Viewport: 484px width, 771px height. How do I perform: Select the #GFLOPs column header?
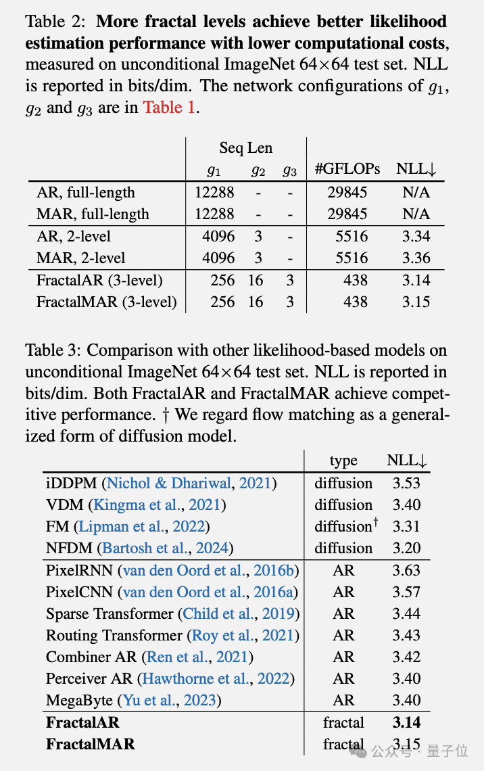347,170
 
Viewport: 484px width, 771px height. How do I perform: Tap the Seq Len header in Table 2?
246,148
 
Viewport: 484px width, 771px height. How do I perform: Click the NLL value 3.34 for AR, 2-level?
416,236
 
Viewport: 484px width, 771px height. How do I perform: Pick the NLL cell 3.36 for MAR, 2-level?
416,258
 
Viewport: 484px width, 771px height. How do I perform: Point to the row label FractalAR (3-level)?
99,280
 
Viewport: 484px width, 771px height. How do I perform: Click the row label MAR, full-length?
93,214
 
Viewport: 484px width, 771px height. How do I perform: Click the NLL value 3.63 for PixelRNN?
406,570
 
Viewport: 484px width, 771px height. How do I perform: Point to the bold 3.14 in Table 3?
406,722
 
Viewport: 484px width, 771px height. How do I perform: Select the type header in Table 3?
343,461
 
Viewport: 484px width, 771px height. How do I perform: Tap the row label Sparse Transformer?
110,613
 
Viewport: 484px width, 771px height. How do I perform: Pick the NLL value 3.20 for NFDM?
406,548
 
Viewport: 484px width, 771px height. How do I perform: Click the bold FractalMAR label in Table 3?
90,744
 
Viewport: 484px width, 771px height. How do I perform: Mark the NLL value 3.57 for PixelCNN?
406,592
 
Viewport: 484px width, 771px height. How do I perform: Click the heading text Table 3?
54,350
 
